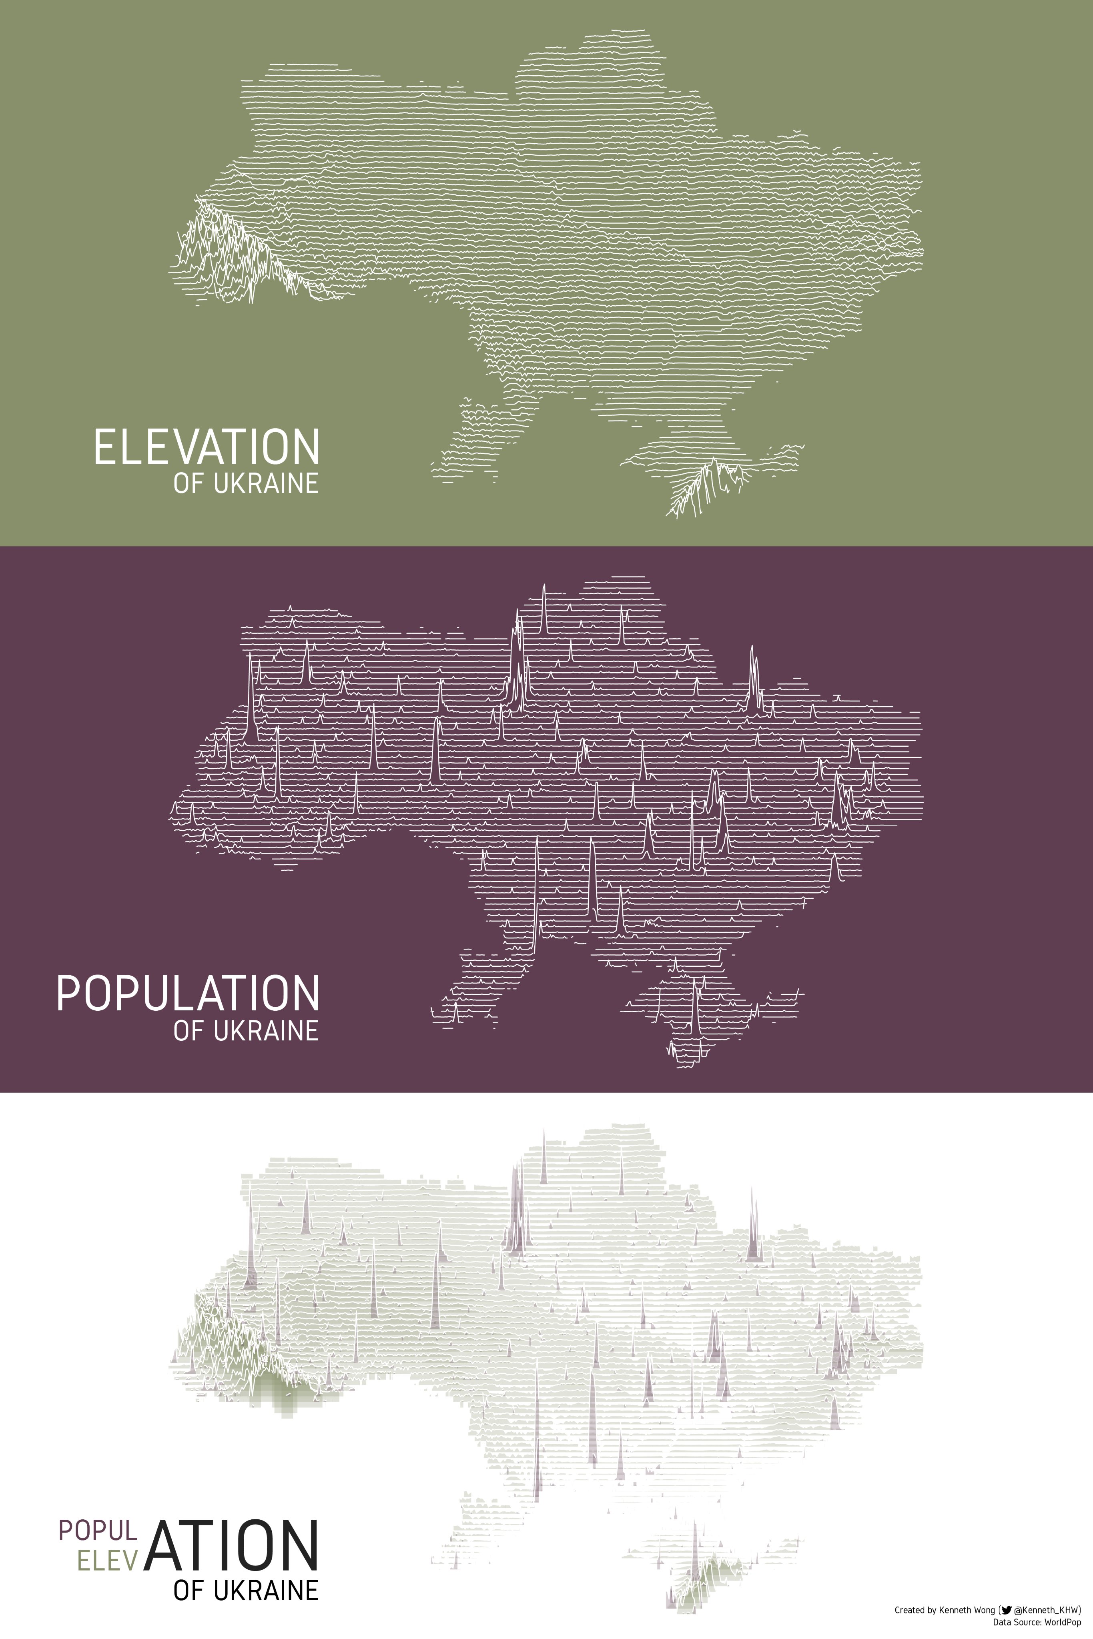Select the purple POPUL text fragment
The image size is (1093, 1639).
pos(98,1530)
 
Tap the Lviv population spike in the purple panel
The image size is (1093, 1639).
pos(250,697)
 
